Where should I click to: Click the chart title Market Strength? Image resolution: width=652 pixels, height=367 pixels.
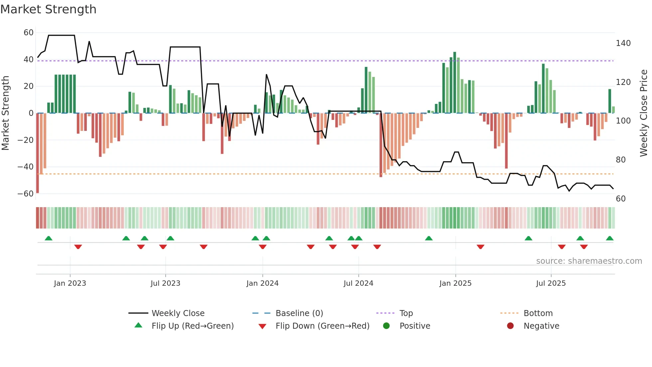(48, 9)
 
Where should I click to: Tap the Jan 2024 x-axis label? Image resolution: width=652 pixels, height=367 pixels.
(262, 283)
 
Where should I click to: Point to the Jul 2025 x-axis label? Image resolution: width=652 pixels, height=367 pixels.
(551, 283)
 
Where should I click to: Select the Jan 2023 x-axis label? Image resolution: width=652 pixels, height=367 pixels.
(70, 283)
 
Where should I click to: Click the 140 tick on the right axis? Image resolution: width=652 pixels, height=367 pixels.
(623, 43)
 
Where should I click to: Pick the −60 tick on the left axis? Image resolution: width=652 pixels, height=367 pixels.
(25, 194)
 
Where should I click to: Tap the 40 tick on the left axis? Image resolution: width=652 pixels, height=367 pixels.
(28, 60)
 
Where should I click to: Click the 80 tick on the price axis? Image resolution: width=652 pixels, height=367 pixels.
(620, 160)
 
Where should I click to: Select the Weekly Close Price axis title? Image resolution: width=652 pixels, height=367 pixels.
(644, 113)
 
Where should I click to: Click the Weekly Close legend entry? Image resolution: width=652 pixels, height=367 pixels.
(178, 313)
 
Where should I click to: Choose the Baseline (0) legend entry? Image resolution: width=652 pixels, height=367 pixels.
(299, 313)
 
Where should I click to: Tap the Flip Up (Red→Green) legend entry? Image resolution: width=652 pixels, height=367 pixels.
(192, 326)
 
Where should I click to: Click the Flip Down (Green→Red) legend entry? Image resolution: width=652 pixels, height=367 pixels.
(322, 326)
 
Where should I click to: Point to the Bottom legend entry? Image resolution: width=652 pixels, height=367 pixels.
(538, 313)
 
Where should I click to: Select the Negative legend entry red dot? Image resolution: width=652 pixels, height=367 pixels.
(510, 326)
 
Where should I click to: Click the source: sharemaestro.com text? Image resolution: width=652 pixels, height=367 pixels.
(589, 261)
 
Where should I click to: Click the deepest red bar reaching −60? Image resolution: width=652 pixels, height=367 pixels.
(38, 153)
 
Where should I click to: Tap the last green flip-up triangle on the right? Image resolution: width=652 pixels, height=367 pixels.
(609, 238)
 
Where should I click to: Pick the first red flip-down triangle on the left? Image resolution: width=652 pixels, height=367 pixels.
(78, 247)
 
